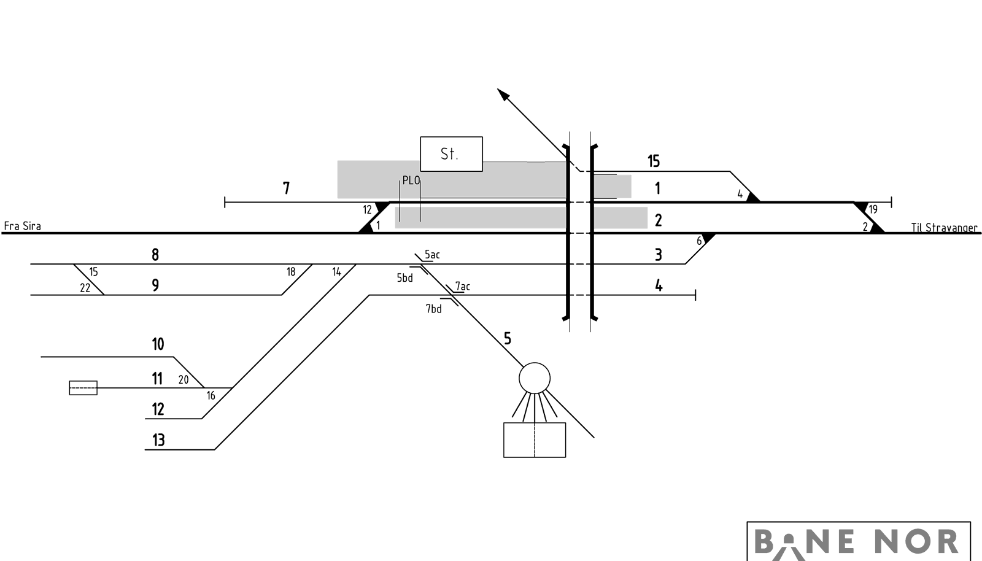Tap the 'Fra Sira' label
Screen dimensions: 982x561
(x=22, y=226)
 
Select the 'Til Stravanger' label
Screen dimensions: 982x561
(x=944, y=228)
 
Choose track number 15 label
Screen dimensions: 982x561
(x=654, y=161)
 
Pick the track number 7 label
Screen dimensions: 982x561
(x=286, y=188)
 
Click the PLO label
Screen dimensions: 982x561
(x=411, y=180)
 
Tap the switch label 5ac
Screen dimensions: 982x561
(x=432, y=255)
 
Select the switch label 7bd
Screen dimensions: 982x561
(x=433, y=309)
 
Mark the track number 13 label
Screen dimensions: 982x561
(x=158, y=439)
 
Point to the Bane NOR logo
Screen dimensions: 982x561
(x=859, y=541)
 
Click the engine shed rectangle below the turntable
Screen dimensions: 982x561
(x=535, y=439)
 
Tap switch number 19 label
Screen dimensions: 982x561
(x=873, y=209)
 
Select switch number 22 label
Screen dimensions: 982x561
(x=85, y=288)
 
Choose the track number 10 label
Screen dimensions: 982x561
(x=158, y=344)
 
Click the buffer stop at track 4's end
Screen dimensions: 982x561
(x=695, y=295)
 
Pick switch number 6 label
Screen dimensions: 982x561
(x=699, y=241)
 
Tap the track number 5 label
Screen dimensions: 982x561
(x=507, y=338)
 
